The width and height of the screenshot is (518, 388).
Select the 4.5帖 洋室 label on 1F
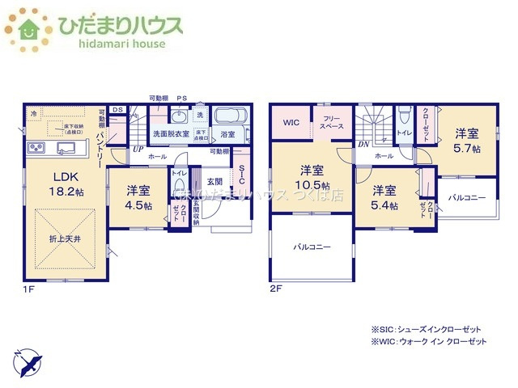(138, 197)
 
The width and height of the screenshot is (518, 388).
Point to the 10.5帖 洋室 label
(314, 177)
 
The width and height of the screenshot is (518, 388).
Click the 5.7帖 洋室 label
(467, 141)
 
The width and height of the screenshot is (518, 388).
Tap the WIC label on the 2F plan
(291, 123)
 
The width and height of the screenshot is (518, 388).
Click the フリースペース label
(333, 123)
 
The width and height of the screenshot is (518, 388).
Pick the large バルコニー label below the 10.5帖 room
(312, 247)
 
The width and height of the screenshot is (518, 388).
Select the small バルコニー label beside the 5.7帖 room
(467, 197)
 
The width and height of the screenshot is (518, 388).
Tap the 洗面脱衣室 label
(171, 134)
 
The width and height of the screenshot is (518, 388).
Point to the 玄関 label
(214, 180)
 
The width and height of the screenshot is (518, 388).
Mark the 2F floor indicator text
(275, 287)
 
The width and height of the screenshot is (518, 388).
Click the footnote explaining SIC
(426, 329)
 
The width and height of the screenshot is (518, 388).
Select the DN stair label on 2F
(364, 145)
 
